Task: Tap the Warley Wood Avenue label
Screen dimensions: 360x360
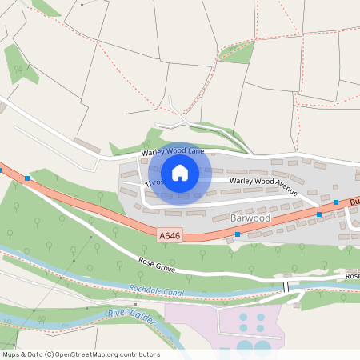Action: (x=263, y=186)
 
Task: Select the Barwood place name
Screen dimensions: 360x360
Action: (x=250, y=218)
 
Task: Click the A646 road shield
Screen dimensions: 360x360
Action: (x=169, y=235)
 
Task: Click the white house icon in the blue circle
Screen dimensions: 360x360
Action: (x=180, y=172)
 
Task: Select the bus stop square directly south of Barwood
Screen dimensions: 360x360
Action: (x=238, y=234)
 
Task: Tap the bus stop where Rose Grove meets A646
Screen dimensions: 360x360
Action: (x=27, y=178)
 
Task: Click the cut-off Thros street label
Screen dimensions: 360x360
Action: (x=154, y=182)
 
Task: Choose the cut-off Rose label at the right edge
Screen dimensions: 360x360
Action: (x=352, y=276)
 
